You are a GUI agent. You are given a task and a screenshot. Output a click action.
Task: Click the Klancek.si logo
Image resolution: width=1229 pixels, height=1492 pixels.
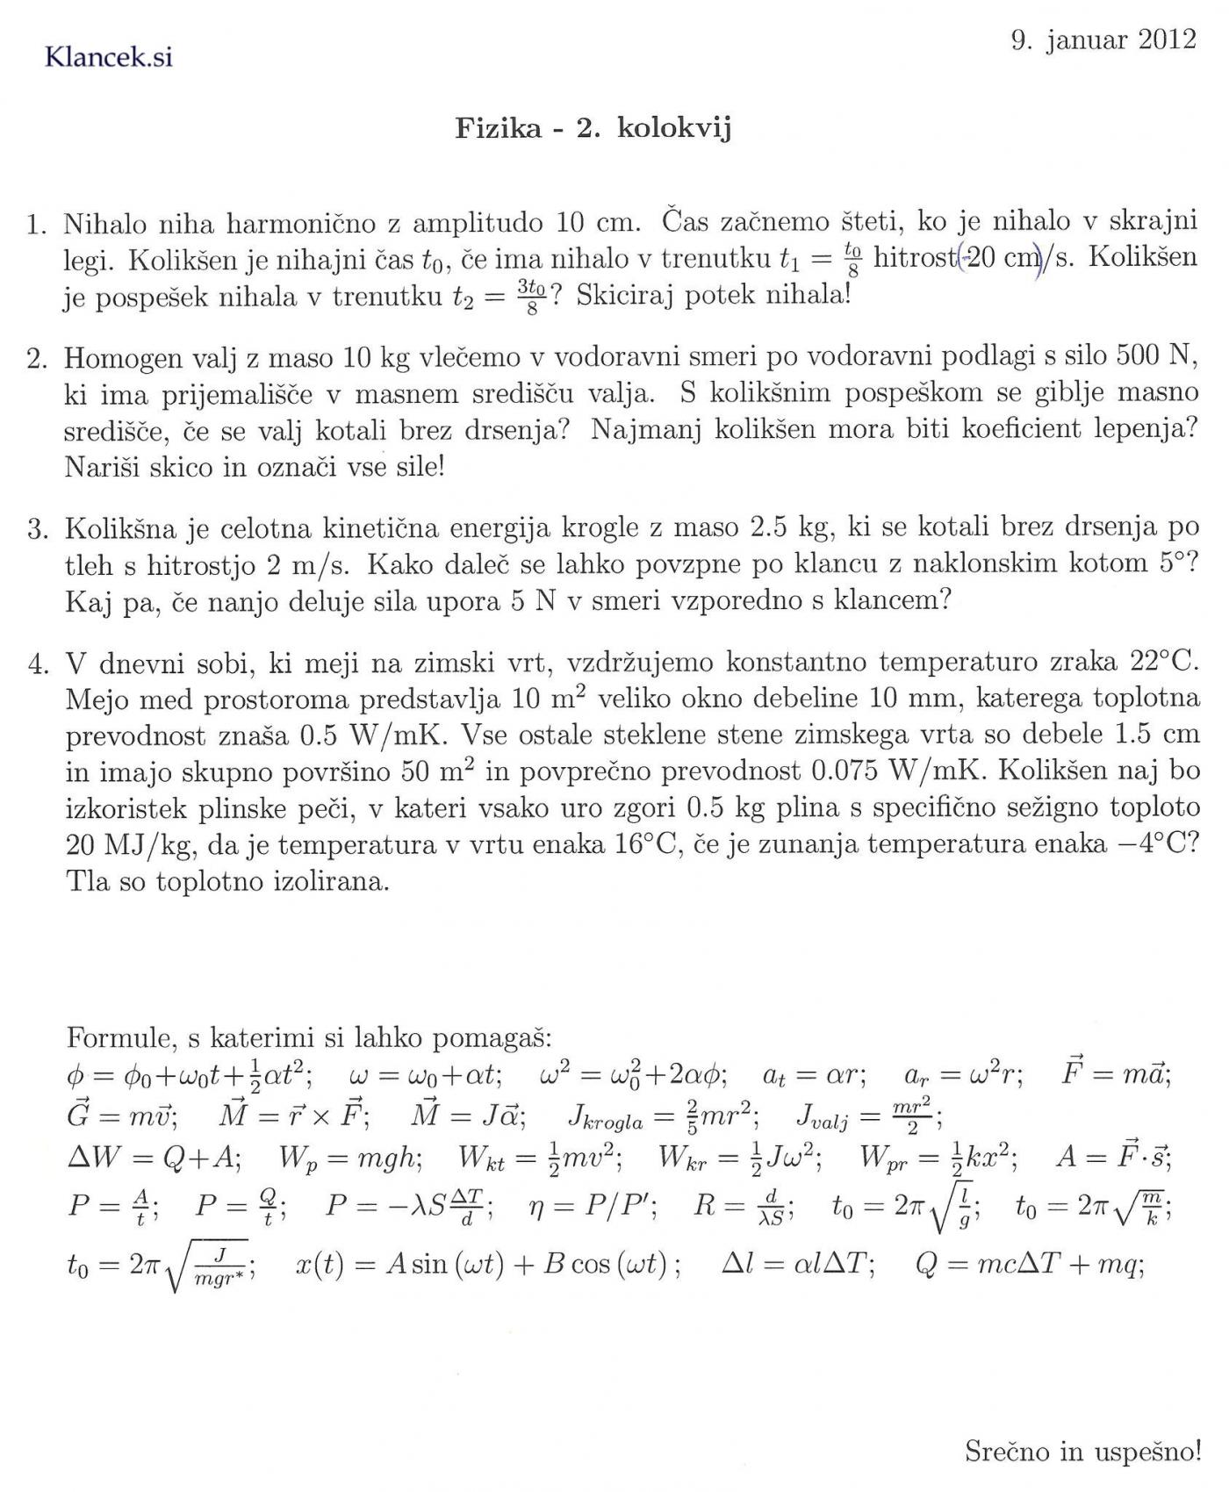108,57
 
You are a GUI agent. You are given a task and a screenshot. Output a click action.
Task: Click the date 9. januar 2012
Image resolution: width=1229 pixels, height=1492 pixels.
1103,40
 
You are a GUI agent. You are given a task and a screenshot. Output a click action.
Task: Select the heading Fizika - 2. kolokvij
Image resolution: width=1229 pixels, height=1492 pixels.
593,128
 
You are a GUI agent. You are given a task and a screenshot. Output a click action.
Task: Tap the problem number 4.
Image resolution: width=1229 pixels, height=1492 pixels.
37,664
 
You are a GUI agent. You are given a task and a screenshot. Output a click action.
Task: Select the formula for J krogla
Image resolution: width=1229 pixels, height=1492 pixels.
664,1116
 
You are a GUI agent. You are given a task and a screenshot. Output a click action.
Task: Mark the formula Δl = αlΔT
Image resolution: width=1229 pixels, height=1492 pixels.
797,1265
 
